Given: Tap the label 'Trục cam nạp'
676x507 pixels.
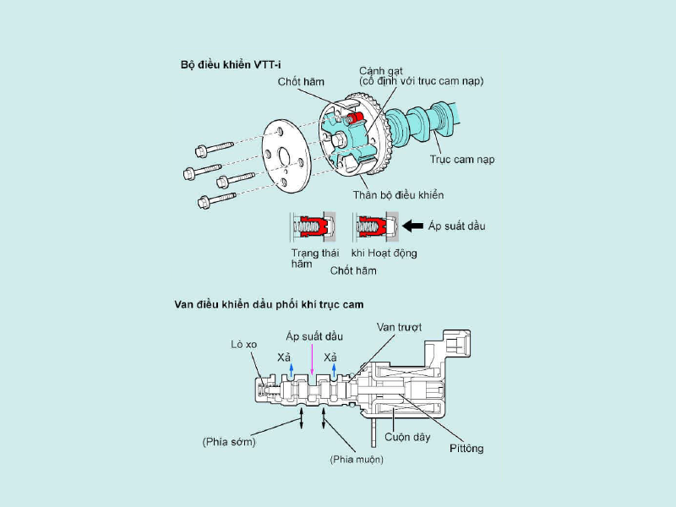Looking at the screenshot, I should (461, 159).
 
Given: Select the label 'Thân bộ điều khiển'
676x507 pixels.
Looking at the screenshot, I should (399, 195).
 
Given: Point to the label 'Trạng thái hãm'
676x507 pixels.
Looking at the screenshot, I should (314, 258).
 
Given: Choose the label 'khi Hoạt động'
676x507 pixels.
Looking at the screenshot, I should (384, 253).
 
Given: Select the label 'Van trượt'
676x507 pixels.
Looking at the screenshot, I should (401, 326).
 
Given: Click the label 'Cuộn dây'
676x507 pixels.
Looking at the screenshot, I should (407, 437).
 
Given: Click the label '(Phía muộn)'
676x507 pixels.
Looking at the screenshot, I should (356, 460).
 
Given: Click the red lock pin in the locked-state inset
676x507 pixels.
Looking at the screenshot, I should (310, 226).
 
